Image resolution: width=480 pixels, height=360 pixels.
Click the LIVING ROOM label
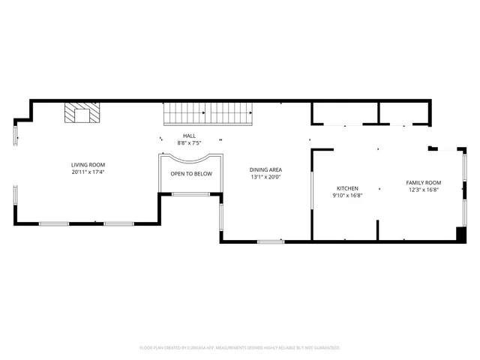coord(88,164)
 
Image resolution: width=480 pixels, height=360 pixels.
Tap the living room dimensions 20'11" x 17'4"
coord(88,172)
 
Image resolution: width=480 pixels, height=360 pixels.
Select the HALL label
coord(189,136)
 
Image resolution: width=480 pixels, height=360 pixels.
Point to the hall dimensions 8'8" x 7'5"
coord(189,142)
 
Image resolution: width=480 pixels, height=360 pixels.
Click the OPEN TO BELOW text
coord(191,174)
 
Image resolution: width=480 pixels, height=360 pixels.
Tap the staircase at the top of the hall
coord(209,113)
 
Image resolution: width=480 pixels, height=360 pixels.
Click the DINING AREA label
coord(265,169)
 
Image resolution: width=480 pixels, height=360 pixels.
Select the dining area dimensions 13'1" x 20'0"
coord(265,177)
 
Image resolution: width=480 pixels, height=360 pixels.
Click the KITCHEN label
coord(346,188)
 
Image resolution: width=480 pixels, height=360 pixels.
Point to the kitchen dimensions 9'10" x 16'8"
coord(346,196)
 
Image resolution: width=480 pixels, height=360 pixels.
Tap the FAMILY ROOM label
coord(423,182)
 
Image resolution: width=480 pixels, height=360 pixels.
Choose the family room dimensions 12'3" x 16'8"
coord(423,190)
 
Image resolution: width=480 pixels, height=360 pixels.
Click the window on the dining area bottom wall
coord(270,241)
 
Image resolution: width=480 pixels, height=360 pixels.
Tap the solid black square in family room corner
coord(460,234)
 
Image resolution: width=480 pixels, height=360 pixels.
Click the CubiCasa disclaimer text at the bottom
coord(240,348)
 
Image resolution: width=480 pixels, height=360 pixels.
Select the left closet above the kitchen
coord(345,112)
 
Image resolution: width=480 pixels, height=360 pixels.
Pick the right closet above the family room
coord(404,112)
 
